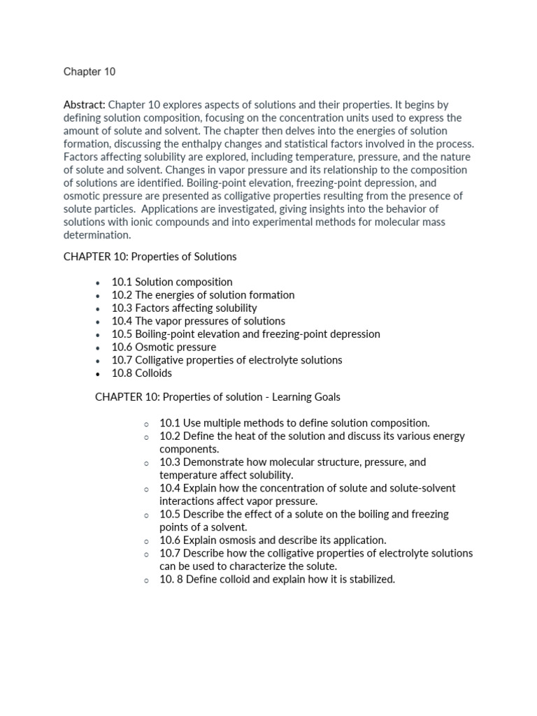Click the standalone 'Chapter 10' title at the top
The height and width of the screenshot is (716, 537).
[89, 72]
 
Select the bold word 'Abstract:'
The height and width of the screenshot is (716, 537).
[85, 105]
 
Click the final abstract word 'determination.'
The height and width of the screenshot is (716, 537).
[97, 235]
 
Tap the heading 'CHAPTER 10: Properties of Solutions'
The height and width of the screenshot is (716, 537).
[150, 257]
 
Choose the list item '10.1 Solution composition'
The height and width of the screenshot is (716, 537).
[172, 282]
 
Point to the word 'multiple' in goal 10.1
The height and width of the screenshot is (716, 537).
[225, 423]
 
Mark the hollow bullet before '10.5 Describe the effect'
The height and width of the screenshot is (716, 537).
[146, 515]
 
